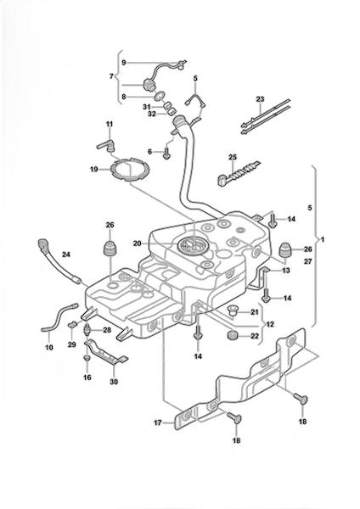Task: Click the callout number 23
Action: (x=260, y=99)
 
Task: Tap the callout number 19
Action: (x=94, y=169)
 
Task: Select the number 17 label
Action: (x=158, y=423)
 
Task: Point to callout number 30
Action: (x=114, y=382)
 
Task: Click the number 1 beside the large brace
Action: (x=323, y=240)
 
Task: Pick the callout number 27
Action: (x=307, y=261)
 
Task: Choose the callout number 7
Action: (x=111, y=76)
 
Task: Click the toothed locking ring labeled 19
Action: (x=130, y=169)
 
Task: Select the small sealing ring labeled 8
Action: (x=160, y=96)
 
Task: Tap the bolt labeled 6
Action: (x=166, y=154)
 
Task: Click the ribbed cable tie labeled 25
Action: (x=238, y=172)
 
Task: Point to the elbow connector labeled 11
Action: (x=106, y=146)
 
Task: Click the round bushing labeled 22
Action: (x=232, y=335)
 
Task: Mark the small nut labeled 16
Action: (x=87, y=358)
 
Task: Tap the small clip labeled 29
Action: (x=72, y=324)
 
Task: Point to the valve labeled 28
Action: (x=87, y=330)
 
